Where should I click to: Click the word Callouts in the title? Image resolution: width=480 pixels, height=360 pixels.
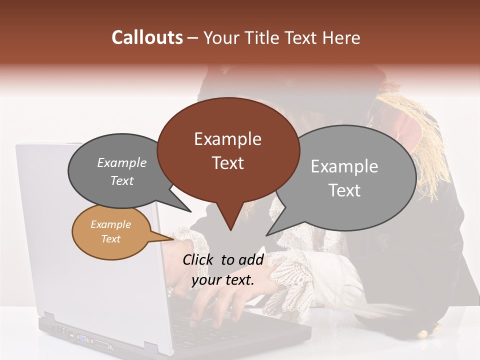pos(147,37)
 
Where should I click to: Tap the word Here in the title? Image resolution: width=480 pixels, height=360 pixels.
pos(341,37)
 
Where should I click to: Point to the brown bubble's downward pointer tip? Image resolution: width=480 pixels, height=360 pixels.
pos(230,230)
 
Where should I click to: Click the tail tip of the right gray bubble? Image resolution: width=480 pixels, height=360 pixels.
pos(267,235)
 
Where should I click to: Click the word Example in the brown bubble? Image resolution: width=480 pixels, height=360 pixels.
pos(227,139)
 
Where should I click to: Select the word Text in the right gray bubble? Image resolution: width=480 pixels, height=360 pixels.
pos(344,190)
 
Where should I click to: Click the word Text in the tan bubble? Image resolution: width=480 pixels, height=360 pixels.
pos(111,239)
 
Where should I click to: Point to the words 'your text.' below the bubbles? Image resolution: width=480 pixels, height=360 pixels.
pos(223,280)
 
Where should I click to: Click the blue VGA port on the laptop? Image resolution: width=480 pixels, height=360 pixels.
pos(81,339)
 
